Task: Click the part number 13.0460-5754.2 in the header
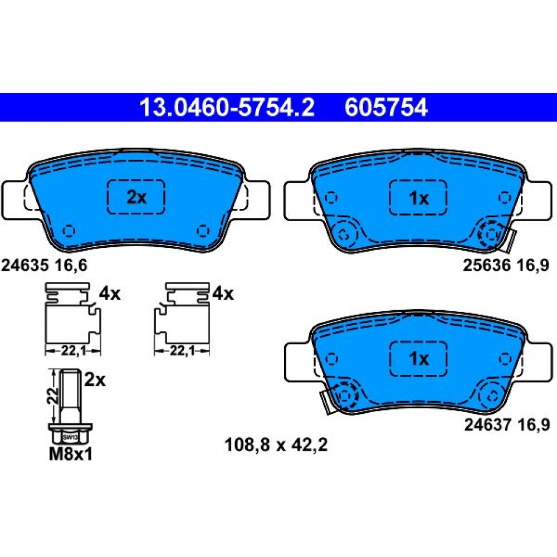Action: click(x=227, y=108)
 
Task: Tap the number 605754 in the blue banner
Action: click(x=386, y=108)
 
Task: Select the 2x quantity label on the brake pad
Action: click(x=136, y=197)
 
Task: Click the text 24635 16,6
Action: click(x=44, y=265)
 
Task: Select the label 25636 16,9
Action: click(x=506, y=265)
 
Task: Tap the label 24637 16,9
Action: click(x=507, y=424)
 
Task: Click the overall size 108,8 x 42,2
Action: click(x=276, y=444)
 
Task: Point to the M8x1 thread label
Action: click(x=70, y=455)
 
